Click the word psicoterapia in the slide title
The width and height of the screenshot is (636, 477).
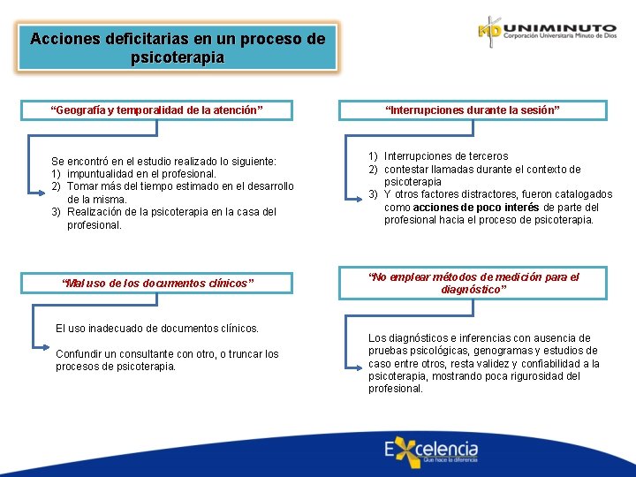click(x=177, y=58)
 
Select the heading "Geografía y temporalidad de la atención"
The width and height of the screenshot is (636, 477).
click(x=157, y=110)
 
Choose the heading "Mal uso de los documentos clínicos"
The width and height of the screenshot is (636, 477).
click(x=158, y=284)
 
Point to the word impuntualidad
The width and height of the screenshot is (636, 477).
click(x=102, y=174)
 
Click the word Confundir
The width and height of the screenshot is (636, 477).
click(x=80, y=354)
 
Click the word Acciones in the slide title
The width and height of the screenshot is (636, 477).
click(x=60, y=40)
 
